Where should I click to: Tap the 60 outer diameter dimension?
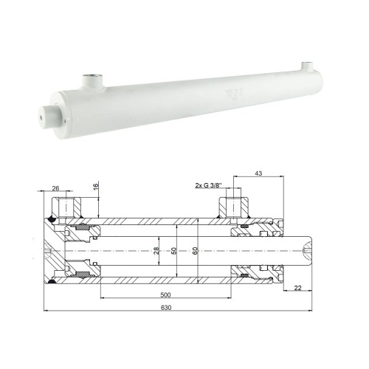[x=193, y=250]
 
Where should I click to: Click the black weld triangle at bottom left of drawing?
[x=52, y=281]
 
